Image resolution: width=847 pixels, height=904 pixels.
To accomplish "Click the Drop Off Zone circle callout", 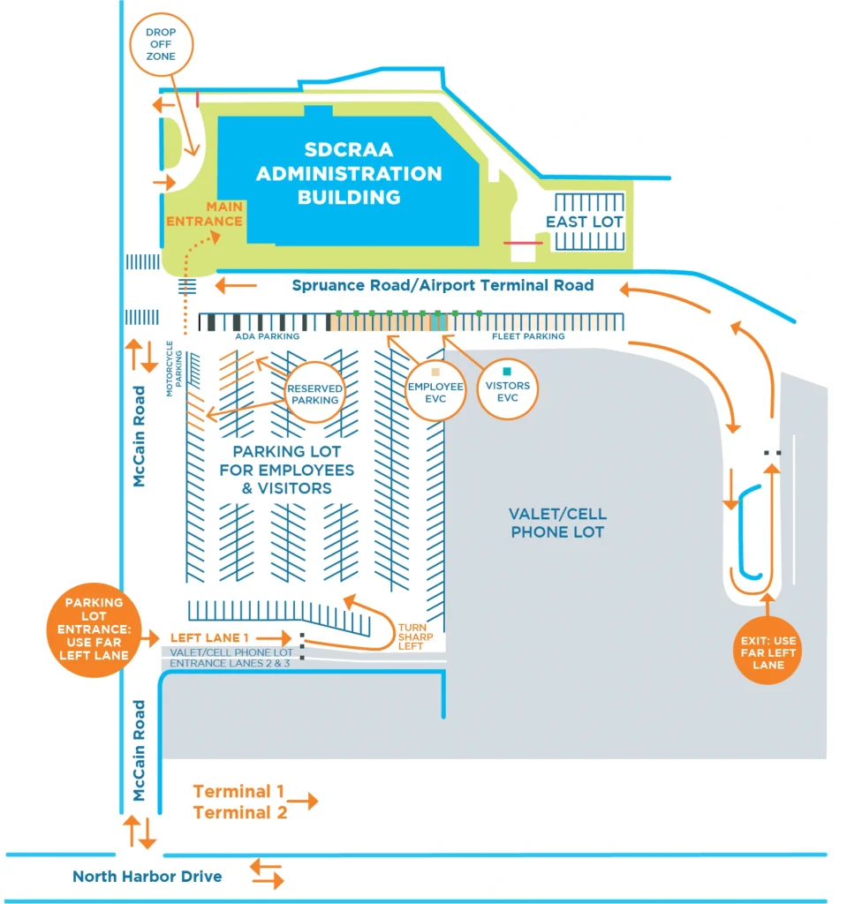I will click(x=161, y=44).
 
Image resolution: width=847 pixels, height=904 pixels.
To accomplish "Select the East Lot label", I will click(x=584, y=222).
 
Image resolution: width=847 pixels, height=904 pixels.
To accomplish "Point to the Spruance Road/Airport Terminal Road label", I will click(x=442, y=285).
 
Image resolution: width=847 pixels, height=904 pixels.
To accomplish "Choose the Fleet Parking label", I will click(x=528, y=336).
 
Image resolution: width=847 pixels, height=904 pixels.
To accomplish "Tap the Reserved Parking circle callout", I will click(x=314, y=394).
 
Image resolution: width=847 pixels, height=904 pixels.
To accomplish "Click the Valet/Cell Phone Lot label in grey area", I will click(x=557, y=523).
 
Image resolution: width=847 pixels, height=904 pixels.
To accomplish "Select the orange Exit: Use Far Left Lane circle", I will click(x=768, y=653).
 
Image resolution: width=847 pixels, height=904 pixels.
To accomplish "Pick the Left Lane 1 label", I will click(x=209, y=637).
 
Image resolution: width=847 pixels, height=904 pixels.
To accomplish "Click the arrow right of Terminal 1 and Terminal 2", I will click(x=303, y=802).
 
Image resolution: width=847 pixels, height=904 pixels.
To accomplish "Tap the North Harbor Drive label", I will click(x=147, y=877).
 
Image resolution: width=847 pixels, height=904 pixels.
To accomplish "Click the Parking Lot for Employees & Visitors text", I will click(x=287, y=470).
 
